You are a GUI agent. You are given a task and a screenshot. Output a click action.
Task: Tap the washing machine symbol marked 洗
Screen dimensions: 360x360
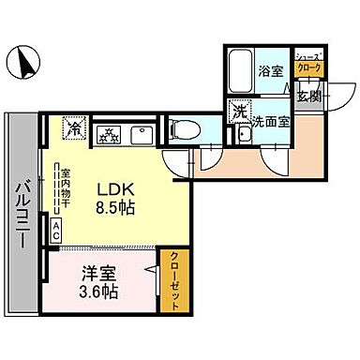239,111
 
